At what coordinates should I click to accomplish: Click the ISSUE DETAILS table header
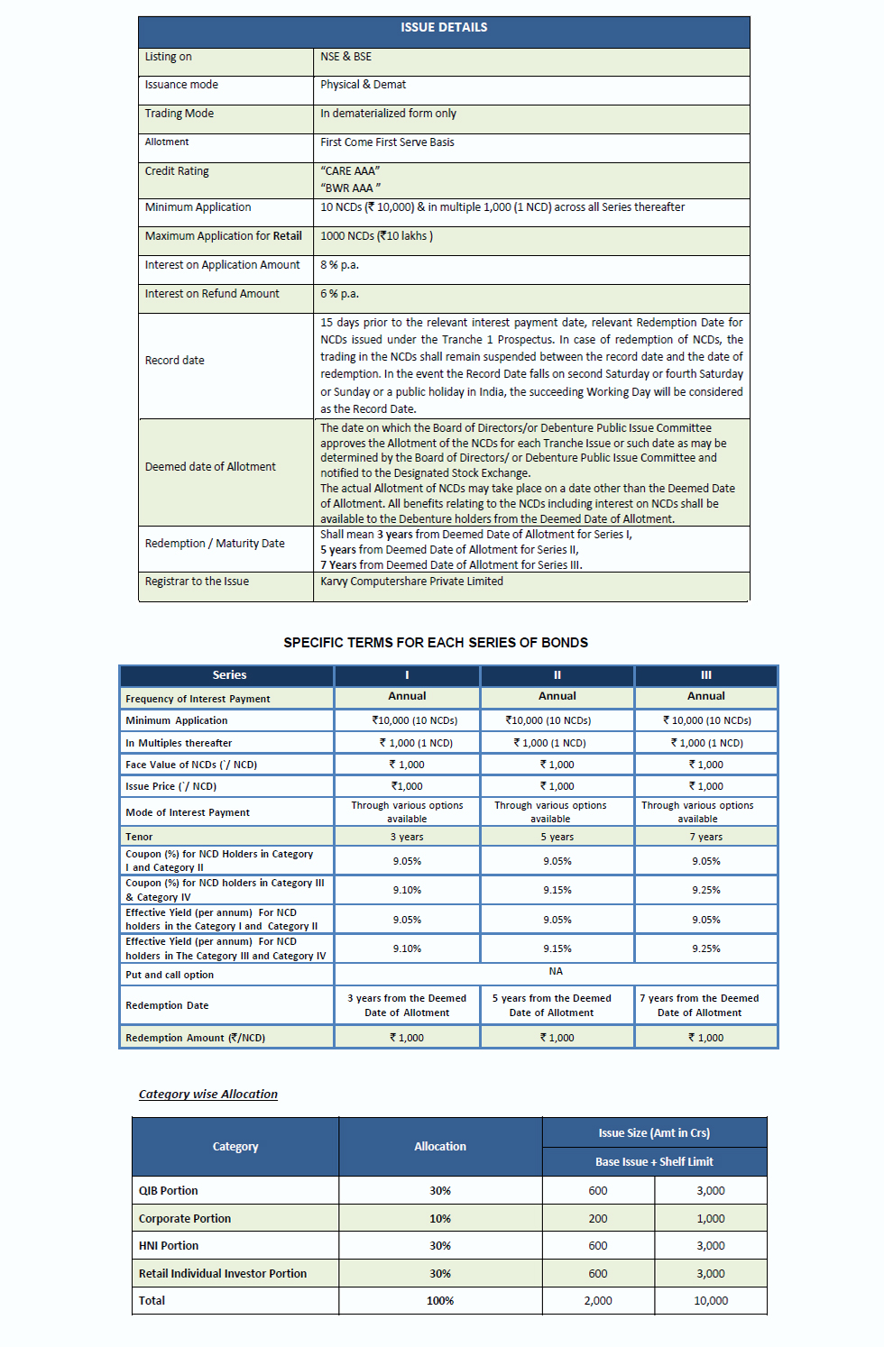[444, 28]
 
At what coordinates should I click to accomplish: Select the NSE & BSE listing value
[345, 57]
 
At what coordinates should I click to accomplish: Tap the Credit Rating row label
[177, 171]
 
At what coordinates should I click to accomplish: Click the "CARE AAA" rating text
[350, 170]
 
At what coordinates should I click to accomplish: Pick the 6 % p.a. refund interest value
[339, 294]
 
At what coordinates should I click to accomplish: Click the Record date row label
[175, 361]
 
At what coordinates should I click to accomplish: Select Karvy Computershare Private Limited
[411, 582]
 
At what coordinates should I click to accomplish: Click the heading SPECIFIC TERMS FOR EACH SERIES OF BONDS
[436, 643]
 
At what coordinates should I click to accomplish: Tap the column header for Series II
[557, 675]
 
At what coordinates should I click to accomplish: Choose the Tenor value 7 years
[706, 837]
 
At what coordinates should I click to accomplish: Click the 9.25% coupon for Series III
[706, 890]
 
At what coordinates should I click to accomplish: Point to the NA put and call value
[556, 972]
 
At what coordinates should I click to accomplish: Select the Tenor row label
[139, 837]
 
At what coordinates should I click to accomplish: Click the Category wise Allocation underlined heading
[208, 1095]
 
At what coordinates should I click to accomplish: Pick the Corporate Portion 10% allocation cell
[440, 1219]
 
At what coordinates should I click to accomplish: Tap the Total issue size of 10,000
[711, 1301]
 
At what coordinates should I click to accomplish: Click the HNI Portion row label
[169, 1246]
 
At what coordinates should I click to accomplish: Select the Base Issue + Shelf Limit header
[654, 1162]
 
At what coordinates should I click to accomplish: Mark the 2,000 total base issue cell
[598, 1301]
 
